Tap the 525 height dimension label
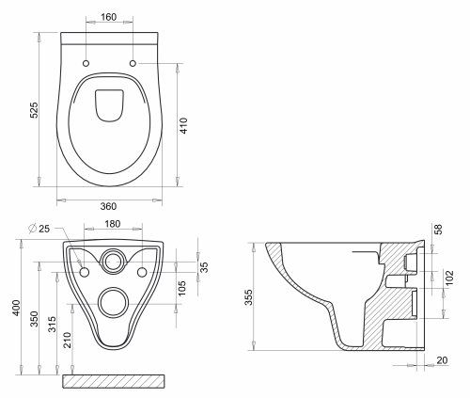[x=34, y=109]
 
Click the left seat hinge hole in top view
[x=86, y=63]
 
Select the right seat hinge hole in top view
[x=131, y=63]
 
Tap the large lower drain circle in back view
[x=114, y=301]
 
